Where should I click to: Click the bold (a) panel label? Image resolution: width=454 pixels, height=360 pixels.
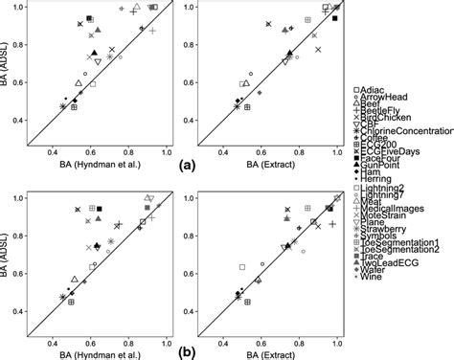(183, 165)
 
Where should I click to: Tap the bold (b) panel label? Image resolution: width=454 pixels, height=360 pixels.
(183, 350)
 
